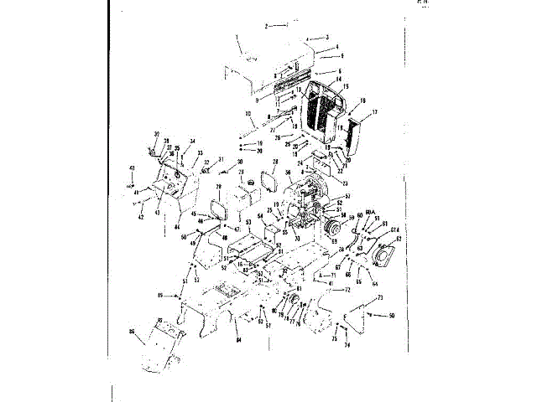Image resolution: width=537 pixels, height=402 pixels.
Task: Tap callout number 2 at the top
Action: pyautogui.click(x=266, y=26)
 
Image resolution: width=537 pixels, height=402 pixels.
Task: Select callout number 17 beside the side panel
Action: pyautogui.click(x=374, y=112)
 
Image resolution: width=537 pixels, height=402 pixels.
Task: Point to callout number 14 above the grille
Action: pyautogui.click(x=339, y=80)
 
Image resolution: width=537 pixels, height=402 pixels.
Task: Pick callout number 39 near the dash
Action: pyautogui.click(x=157, y=135)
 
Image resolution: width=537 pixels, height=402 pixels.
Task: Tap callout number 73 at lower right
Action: pyautogui.click(x=380, y=298)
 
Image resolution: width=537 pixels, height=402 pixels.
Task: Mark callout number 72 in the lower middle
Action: pyautogui.click(x=348, y=290)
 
